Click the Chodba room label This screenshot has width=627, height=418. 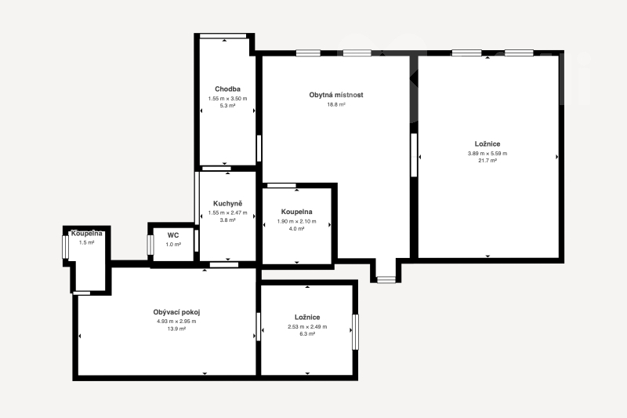coord(227,89)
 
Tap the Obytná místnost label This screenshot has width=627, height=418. coord(336,95)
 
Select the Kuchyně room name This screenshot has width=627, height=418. coord(227,204)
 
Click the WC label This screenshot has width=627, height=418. coord(173,235)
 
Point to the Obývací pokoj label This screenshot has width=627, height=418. coord(176,312)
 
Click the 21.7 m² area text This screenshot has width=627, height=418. coord(487,161)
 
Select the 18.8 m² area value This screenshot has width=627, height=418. coord(336,104)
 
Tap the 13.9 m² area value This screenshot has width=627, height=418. coord(176,329)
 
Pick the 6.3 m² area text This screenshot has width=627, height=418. coord(307,333)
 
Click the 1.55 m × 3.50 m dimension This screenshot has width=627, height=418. coord(227,98)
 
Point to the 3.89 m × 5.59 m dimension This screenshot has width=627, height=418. coord(487,153)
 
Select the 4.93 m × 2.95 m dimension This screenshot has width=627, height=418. coord(176,322)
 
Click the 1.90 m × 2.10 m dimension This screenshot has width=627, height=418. coord(297,221)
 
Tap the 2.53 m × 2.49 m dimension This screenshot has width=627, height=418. coord(307,326)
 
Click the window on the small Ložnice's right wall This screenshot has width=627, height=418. coord(355,332)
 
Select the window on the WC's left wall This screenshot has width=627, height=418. coord(150,245)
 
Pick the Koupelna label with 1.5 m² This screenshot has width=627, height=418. coord(87,233)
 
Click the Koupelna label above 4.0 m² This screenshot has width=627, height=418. coord(297,212)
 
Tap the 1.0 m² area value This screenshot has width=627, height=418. coord(173,245)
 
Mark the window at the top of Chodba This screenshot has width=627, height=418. coord(223,36)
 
